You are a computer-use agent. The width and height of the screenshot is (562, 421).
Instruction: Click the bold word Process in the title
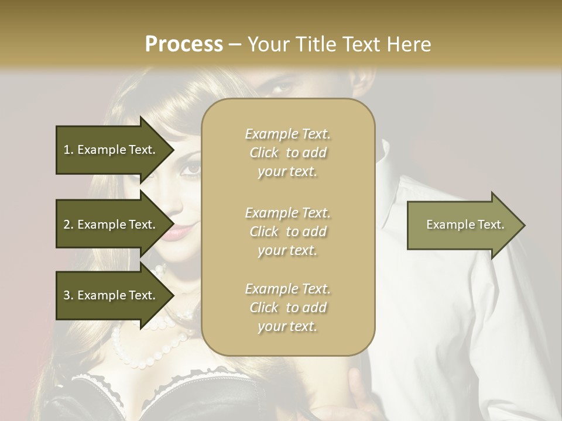pos(184,44)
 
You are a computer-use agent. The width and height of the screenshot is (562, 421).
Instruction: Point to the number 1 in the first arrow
pos(67,150)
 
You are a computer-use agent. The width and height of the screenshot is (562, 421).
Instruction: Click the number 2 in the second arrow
pos(67,225)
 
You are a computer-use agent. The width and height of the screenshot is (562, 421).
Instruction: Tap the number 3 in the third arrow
pos(67,295)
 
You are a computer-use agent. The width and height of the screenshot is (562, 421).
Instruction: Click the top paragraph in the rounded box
pos(287,153)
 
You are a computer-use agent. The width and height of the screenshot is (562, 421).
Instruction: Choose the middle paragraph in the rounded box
pos(287,232)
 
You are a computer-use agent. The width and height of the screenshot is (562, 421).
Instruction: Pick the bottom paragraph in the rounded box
pos(287,308)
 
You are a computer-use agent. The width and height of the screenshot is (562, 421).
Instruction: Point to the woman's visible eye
pos(191,168)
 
